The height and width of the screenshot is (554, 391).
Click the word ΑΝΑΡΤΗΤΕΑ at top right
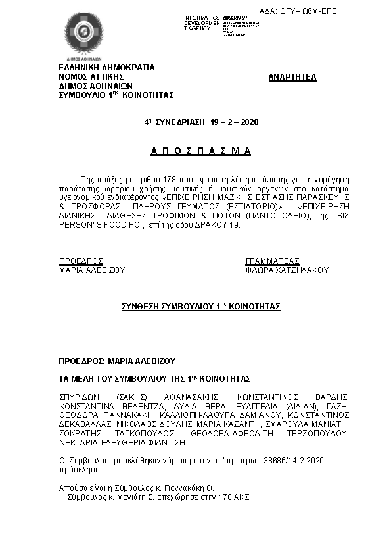(292, 77)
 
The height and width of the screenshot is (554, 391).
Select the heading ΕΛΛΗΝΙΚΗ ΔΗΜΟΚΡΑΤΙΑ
(106, 67)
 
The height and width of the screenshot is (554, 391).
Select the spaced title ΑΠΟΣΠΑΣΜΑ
(201, 151)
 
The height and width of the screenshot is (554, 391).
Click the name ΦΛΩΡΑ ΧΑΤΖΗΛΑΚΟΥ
(287, 270)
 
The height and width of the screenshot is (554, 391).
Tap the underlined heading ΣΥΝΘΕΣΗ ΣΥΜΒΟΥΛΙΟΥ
(201, 307)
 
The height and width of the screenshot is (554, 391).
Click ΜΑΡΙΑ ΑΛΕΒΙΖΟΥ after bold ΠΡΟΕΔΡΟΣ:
(141, 361)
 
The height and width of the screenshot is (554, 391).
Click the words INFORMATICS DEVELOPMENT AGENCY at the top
(202, 23)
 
